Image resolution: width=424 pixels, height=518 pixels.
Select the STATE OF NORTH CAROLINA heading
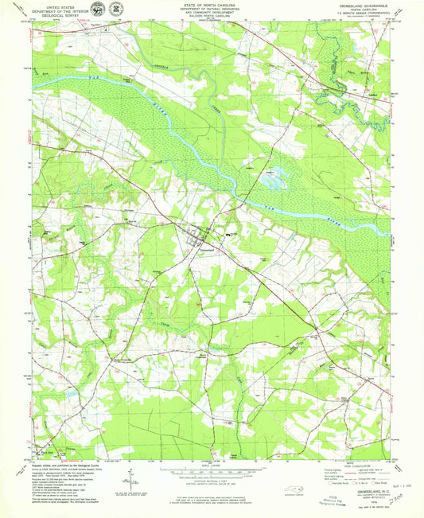(x=212, y=5)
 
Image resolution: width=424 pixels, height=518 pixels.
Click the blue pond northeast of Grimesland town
(x=271, y=182)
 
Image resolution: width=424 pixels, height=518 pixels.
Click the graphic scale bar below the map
(x=212, y=475)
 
